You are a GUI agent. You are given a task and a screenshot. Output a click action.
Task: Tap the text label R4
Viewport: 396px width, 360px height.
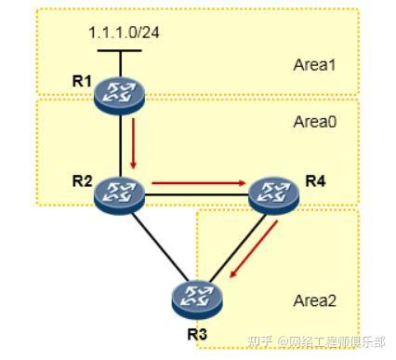[x=316, y=179]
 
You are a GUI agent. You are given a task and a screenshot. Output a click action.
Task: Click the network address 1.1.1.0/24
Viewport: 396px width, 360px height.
[x=124, y=33]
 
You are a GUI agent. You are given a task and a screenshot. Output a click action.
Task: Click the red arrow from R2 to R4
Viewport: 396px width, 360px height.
[x=195, y=184]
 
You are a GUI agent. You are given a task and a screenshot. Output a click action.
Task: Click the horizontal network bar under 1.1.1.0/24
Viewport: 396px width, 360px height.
[x=122, y=50]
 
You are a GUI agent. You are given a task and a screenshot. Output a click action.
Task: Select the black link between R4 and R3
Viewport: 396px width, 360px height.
[x=231, y=247]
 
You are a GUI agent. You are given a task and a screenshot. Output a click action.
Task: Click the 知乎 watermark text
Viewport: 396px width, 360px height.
[x=262, y=340]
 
